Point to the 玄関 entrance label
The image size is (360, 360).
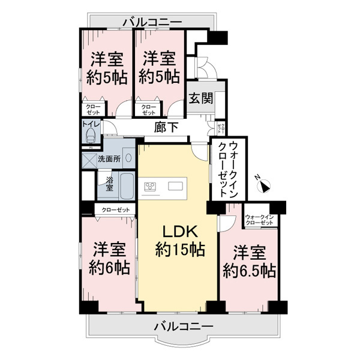click(x=200, y=99)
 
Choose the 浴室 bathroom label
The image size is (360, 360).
click(x=110, y=183)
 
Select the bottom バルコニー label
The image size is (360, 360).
click(x=183, y=327)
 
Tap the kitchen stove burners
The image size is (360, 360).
click(x=149, y=186)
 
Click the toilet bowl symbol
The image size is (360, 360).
click(x=89, y=137)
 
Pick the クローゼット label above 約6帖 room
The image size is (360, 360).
click(x=116, y=209)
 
